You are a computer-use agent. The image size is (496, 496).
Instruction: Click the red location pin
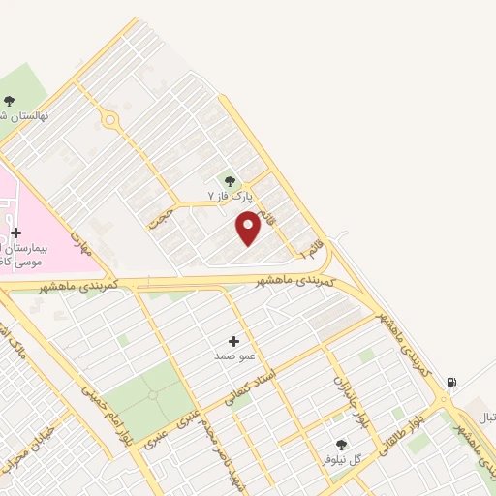(248, 229)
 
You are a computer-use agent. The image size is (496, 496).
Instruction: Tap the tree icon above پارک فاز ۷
(230, 179)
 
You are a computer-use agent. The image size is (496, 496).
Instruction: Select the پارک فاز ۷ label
(230, 196)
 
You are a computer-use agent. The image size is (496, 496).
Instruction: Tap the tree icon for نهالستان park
(10, 100)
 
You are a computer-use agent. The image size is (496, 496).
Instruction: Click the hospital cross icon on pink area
(16, 232)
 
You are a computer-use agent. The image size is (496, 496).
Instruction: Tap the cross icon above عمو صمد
(233, 341)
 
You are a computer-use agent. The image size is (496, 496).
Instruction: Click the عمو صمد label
(234, 356)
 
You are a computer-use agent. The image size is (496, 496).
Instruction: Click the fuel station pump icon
(451, 382)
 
